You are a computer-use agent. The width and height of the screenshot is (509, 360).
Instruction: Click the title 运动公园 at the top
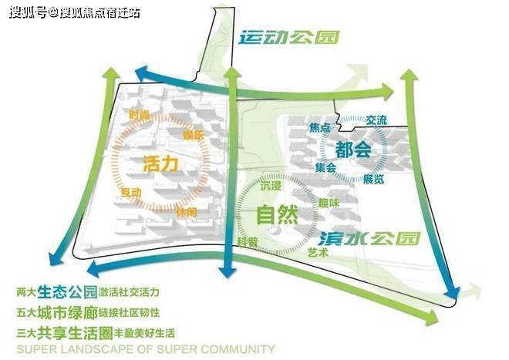289,38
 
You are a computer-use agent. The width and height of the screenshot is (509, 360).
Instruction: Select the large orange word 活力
160,164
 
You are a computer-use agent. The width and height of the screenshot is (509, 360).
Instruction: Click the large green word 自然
277,215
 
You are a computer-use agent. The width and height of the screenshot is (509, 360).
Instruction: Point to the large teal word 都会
353,150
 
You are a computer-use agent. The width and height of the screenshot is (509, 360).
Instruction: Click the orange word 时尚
140,116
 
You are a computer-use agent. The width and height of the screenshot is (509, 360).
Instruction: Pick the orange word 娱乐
193,136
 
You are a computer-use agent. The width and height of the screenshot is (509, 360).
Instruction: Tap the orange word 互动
131,191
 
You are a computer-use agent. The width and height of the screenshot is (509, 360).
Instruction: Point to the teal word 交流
377,120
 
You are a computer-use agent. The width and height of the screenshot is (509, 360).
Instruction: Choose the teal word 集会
325,167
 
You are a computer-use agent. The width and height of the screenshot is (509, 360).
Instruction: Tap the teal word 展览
373,180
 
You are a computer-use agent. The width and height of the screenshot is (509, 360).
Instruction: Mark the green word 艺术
318,252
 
